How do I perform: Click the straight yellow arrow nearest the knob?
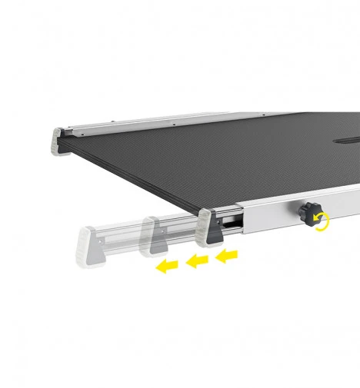tap(226, 255)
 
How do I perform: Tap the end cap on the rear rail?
tap(61, 140)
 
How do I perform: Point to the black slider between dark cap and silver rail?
tap(232, 222)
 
